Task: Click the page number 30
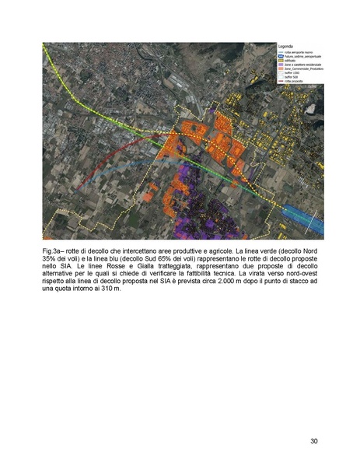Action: point(313,441)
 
